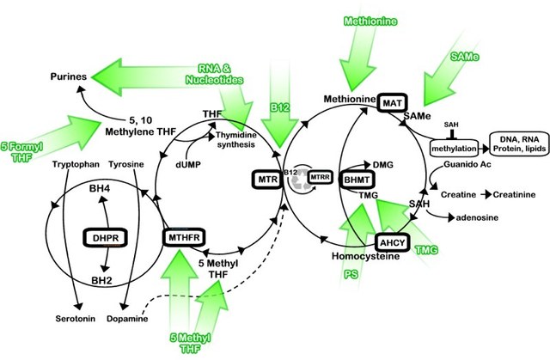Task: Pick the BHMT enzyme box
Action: click(x=357, y=179)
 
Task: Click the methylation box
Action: click(x=455, y=149)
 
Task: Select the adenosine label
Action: click(x=476, y=219)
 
